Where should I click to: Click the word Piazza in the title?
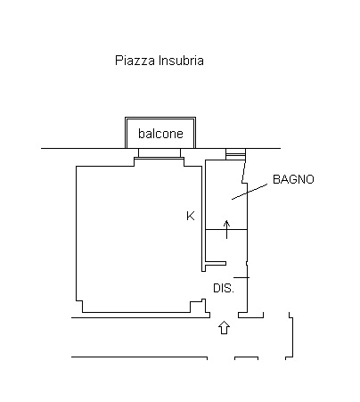point(135,61)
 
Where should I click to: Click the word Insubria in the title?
point(181,61)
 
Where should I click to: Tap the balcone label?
point(160,134)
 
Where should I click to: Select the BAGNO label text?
point(293,179)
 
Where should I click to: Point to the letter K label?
point(191,216)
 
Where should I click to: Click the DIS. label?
point(224,288)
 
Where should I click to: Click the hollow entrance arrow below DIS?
point(224,327)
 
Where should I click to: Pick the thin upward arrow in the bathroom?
point(227,229)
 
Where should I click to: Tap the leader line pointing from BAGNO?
point(250,192)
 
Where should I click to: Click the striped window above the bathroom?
point(236,154)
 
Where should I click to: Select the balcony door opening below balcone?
point(160,152)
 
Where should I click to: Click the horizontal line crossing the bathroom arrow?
point(226,229)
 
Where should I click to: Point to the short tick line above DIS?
point(241,277)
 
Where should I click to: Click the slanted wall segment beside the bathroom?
point(244,171)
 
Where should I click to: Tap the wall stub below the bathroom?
point(216,263)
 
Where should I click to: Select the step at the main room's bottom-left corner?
point(79,307)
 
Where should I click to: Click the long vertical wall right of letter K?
point(204,218)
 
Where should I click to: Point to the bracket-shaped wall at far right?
point(290,335)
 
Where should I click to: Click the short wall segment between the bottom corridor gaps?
point(246,358)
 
